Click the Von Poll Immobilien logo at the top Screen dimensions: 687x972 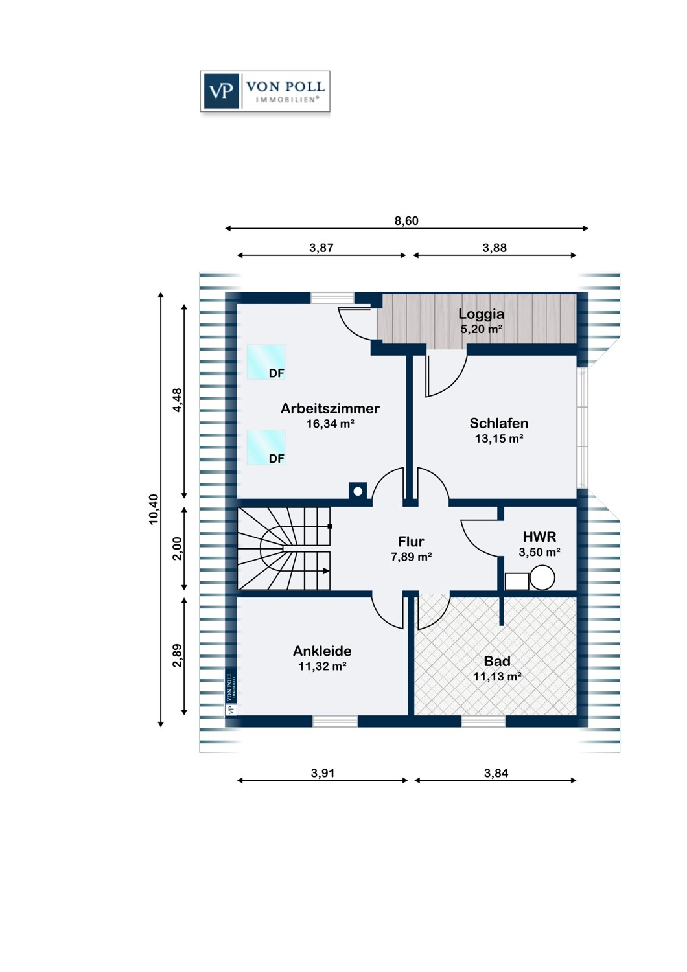264,91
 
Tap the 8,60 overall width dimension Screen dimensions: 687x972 406,221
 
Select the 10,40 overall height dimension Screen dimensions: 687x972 154,509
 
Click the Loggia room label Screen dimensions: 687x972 482,314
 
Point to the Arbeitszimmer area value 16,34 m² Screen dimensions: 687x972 331,424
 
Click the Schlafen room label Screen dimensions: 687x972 498,423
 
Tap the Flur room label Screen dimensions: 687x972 411,542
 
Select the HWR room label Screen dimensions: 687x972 539,537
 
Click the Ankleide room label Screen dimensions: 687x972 322,651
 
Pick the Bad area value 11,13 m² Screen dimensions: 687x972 497,676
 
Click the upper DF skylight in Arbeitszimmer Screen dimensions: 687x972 266,362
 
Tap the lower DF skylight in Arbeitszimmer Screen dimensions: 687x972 266,447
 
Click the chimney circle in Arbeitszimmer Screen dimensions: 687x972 358,492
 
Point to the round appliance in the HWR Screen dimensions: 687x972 542,577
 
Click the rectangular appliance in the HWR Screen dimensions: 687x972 517,581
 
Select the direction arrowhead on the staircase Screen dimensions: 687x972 327,571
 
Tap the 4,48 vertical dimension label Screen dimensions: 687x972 177,400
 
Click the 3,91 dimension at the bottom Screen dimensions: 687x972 323,773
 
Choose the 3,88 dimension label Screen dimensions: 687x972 495,248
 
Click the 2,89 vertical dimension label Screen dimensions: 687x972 177,655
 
